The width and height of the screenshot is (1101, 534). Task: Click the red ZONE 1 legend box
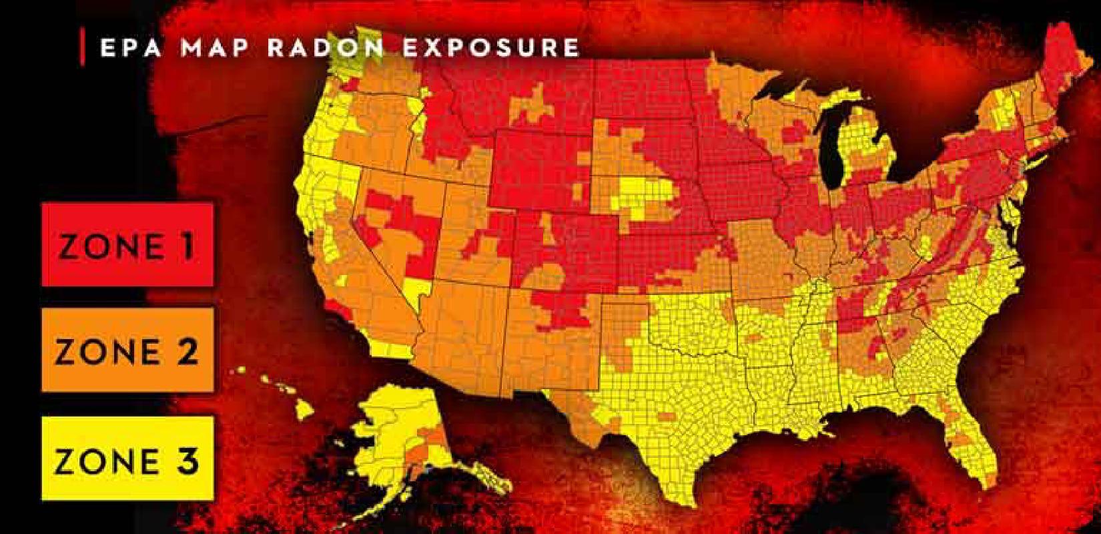tap(127, 245)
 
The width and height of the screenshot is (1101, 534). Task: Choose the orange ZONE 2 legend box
tap(127, 350)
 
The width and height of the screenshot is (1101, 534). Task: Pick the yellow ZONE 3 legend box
tap(127, 459)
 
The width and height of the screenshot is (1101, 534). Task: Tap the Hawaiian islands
tap(280, 387)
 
